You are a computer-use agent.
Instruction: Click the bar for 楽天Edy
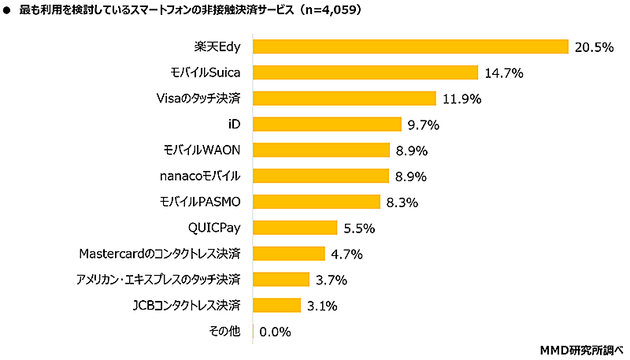[409, 47]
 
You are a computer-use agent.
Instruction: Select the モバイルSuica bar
[365, 73]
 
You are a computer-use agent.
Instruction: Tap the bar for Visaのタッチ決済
[343, 98]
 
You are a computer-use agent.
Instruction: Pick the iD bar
[327, 124]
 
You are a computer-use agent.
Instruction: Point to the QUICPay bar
[295, 228]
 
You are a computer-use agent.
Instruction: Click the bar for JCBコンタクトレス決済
[276, 305]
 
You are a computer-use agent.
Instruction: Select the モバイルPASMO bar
[316, 202]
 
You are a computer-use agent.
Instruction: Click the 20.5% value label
[594, 47]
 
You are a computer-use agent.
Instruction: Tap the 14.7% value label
[504, 73]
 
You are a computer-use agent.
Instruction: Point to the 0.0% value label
[275, 332]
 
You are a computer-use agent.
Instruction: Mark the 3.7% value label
[331, 280]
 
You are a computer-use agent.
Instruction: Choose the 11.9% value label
[461, 99]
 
